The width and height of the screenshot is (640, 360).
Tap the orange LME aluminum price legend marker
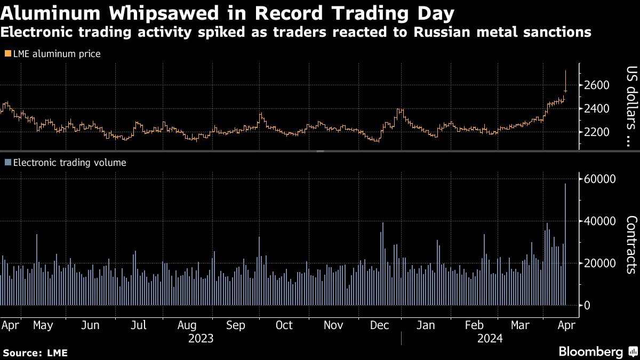7,54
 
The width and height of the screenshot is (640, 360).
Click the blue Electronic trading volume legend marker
7,163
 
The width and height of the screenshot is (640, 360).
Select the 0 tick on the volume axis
587,306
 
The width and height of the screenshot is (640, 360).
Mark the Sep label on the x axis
236,325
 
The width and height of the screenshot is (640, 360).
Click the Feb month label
475,325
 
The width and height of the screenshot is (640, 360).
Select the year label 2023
202,339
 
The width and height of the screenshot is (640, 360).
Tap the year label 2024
490,339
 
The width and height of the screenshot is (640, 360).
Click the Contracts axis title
631,244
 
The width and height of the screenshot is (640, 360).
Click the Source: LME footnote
35,353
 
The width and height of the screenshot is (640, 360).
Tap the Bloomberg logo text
590,352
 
